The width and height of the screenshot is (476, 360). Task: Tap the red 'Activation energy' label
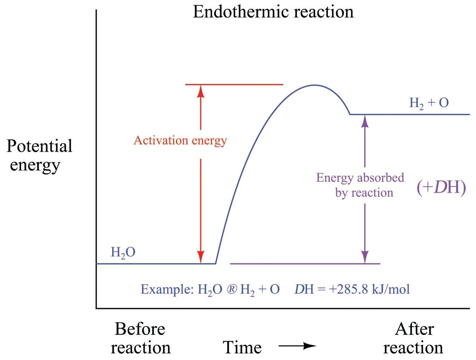point(180,140)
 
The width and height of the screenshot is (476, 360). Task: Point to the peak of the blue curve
point(314,85)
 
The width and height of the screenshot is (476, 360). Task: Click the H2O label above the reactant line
point(123,252)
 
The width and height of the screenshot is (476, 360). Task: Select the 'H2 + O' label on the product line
point(429,103)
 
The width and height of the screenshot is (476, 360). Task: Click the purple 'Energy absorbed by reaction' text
point(360,185)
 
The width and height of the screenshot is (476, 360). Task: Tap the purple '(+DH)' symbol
point(441,187)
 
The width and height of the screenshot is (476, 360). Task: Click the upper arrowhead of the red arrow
point(201,91)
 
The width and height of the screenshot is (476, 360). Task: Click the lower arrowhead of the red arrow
point(201,257)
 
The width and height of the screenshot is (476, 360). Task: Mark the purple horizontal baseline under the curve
point(305,264)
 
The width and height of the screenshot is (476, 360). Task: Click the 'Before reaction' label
point(140,338)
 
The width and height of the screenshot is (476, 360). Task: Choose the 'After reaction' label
point(413,338)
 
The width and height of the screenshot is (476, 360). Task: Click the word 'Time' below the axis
point(242,347)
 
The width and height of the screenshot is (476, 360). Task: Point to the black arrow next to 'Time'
point(297,346)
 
